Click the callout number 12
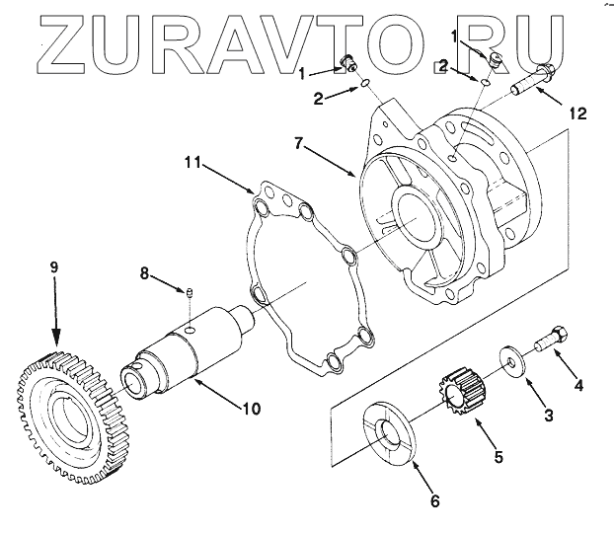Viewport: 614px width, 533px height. (x=577, y=114)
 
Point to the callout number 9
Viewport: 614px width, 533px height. (x=54, y=267)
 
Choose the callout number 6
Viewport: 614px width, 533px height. (x=433, y=499)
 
